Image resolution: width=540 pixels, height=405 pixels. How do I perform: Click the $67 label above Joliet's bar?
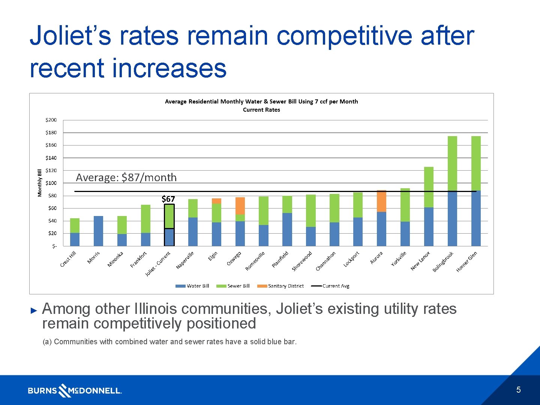click(168, 199)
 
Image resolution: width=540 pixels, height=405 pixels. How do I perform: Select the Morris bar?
click(98, 231)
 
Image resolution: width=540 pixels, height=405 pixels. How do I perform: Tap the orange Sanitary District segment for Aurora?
click(381, 201)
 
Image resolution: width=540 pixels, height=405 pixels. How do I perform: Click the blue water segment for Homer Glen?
click(476, 218)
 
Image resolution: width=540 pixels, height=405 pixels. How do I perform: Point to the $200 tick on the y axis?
click(51, 120)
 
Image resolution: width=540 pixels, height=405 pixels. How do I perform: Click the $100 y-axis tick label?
click(51, 183)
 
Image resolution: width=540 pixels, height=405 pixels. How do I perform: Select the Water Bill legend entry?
click(192, 286)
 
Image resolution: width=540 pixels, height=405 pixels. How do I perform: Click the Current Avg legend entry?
click(330, 286)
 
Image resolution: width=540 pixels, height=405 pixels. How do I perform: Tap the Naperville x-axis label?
click(185, 260)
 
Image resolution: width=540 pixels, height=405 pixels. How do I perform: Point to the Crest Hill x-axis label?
click(68, 259)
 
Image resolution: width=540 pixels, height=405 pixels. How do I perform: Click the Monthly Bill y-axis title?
click(40, 183)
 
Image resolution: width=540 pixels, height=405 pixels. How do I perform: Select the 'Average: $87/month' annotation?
click(126, 177)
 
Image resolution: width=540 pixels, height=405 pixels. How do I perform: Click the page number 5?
click(518, 390)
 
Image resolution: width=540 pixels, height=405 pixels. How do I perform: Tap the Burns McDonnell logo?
click(75, 390)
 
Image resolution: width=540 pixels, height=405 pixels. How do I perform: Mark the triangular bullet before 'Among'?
click(34, 310)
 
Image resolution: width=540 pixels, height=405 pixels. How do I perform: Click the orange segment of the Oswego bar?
click(240, 206)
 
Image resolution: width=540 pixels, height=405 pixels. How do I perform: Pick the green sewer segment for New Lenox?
click(429, 187)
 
